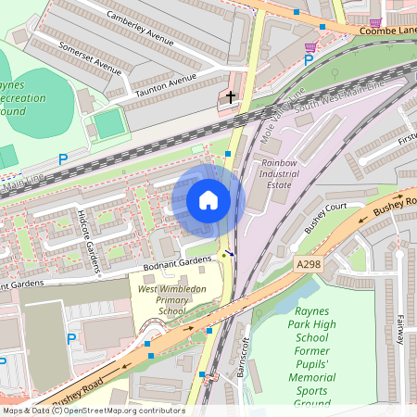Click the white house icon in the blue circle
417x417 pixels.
(208, 200)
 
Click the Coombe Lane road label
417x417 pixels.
(386, 31)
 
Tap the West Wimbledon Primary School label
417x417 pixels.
(172, 300)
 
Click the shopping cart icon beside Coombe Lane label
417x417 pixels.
(375, 22)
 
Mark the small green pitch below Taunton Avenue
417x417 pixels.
(108, 124)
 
